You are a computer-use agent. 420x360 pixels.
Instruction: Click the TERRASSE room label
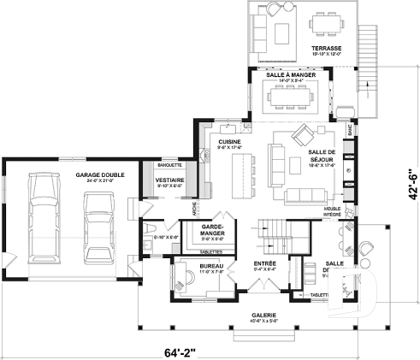(326, 48)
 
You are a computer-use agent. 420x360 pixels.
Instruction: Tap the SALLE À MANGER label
(288, 76)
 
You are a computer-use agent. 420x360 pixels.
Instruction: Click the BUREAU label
(210, 267)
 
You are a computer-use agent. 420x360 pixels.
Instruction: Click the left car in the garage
(44, 218)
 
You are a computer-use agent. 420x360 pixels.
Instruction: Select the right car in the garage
(99, 227)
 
